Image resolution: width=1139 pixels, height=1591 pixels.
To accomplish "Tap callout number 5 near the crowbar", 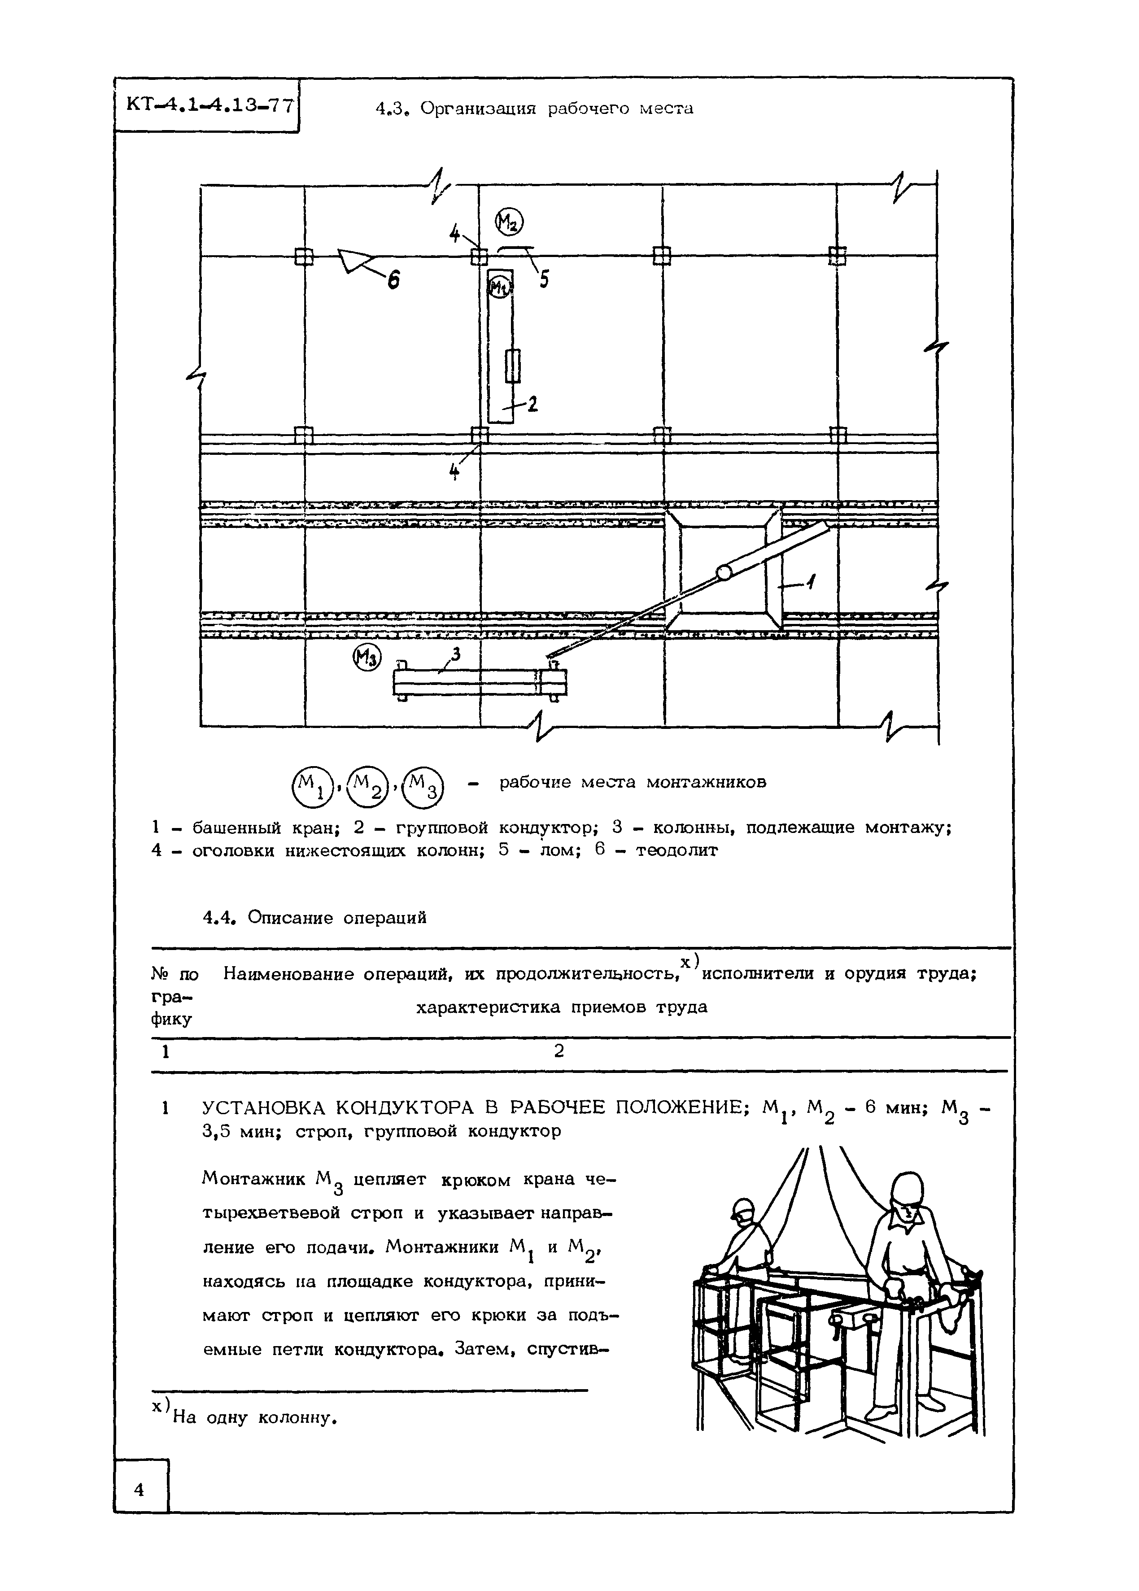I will click(x=544, y=279).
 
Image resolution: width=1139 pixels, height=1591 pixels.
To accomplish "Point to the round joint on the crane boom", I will click(x=723, y=573).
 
